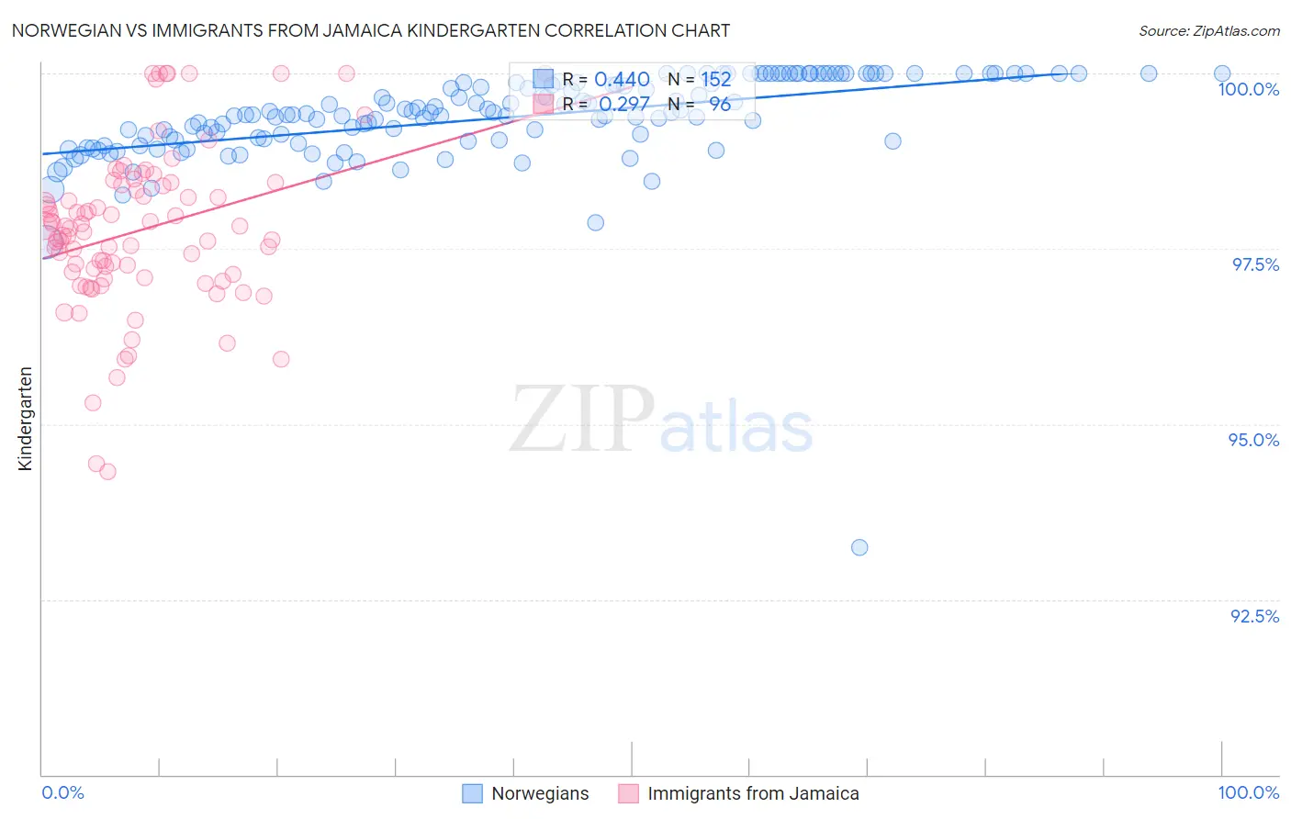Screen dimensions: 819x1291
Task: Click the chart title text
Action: coord(370,30)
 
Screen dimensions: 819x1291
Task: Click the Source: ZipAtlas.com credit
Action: coord(1208,30)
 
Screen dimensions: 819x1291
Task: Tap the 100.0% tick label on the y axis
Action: coord(1248,89)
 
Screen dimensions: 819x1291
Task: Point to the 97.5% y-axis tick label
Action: coord(1254,264)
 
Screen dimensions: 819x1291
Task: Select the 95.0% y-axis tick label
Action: coord(1253,440)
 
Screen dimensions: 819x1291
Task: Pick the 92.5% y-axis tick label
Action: coord(1254,616)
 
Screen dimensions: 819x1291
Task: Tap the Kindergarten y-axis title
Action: coord(25,419)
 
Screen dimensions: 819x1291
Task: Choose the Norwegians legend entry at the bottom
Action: coord(540,794)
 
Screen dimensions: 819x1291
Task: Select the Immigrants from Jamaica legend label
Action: coord(753,794)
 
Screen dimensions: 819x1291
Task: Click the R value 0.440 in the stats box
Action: coord(622,80)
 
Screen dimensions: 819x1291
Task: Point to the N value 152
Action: coord(716,80)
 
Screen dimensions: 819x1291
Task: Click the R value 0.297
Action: coord(624,104)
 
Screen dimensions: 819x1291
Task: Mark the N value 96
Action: coord(720,104)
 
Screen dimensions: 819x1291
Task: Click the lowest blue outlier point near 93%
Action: coord(859,547)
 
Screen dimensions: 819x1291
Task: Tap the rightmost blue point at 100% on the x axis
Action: coord(1222,73)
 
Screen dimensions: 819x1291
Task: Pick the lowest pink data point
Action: coord(107,472)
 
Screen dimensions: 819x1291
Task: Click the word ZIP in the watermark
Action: coord(581,419)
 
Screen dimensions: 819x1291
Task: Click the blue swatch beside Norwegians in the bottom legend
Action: coord(472,794)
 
